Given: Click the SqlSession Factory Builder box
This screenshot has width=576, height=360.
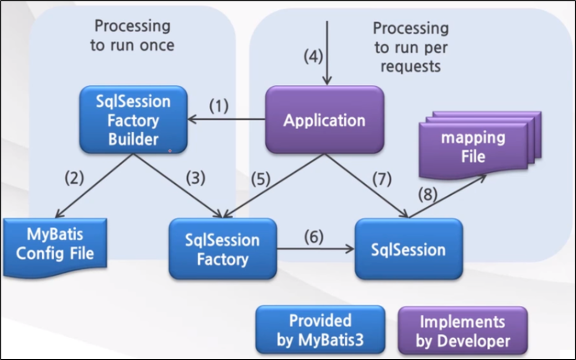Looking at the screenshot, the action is click(x=133, y=120).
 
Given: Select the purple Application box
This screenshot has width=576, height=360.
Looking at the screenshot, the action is click(x=325, y=120).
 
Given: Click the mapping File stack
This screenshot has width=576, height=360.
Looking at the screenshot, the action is click(x=480, y=145).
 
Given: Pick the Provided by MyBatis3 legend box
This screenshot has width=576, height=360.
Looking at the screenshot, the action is click(x=320, y=329).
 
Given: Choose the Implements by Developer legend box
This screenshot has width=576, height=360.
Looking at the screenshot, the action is click(x=463, y=330).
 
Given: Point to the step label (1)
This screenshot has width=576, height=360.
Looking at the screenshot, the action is click(x=219, y=106).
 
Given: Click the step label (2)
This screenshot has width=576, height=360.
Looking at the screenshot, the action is click(x=74, y=178).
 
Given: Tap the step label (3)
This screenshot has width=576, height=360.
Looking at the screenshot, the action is click(x=195, y=178).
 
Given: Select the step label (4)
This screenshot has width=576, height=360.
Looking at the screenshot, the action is click(x=313, y=57).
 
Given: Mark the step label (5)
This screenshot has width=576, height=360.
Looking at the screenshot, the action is click(x=261, y=179).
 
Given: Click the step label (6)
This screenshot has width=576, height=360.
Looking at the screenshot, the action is click(x=314, y=237).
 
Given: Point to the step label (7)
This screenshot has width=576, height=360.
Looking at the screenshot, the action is click(x=382, y=179).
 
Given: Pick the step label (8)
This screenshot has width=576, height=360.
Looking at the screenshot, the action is click(x=428, y=194).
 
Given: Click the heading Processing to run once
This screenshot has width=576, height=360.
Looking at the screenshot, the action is click(x=132, y=35).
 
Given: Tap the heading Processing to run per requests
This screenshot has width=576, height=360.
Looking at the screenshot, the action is click(x=411, y=47).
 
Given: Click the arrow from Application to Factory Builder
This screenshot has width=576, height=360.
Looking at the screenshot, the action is click(x=226, y=119).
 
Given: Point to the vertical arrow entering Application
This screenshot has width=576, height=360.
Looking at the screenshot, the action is click(x=327, y=53).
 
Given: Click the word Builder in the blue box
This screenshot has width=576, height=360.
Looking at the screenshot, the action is click(x=133, y=140).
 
